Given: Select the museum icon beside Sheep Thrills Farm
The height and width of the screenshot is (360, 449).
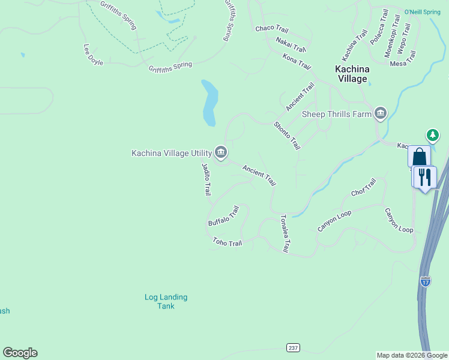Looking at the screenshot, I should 380,113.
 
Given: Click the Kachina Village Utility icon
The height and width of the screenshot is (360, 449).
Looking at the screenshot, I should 220,154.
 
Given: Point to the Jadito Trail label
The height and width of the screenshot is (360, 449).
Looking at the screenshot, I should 206,179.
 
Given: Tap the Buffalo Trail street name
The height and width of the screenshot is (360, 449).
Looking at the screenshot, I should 224,216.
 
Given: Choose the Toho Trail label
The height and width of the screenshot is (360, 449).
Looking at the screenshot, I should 228,242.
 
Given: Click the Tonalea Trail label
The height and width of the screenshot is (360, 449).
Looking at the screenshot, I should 286,233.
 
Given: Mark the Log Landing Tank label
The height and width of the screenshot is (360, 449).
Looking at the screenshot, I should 166,301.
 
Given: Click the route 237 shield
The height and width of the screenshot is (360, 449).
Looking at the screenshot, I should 293,348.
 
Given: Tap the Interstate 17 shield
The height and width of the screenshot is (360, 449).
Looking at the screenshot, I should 425,281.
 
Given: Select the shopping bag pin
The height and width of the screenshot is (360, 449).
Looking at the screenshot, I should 420,157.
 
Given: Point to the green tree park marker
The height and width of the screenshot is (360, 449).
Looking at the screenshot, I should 432,135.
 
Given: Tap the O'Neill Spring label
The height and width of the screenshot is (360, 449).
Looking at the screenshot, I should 423,11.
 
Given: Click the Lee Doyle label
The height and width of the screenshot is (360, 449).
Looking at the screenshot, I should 93,54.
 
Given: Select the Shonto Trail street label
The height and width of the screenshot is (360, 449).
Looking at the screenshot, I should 286,136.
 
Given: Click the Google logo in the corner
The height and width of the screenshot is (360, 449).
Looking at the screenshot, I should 20,353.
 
